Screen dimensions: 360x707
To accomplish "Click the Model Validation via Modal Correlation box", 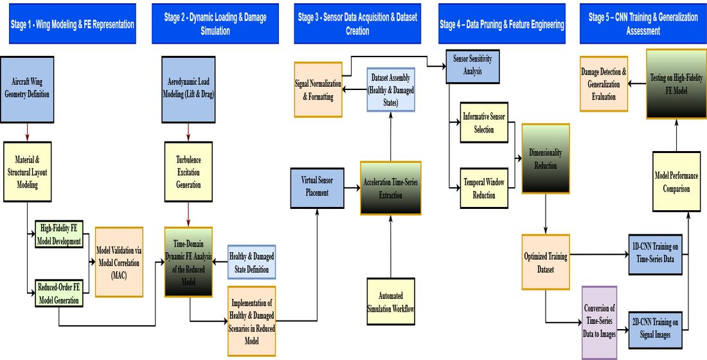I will [120, 262].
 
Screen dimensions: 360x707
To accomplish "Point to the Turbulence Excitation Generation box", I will [188, 171].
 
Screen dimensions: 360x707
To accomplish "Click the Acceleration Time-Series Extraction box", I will [389, 188].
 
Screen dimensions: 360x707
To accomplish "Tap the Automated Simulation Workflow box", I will [390, 305].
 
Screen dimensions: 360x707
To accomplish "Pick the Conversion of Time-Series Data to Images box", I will [599, 321].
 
